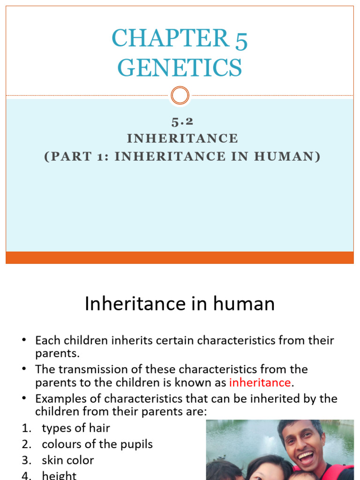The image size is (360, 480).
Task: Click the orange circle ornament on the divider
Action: (x=180, y=96)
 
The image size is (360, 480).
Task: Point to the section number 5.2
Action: (x=182, y=122)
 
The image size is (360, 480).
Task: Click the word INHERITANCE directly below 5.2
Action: (x=183, y=139)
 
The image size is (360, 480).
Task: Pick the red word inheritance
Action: (x=260, y=382)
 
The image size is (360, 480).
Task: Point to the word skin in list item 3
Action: (x=52, y=460)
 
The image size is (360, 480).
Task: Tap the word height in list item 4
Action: (x=59, y=475)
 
